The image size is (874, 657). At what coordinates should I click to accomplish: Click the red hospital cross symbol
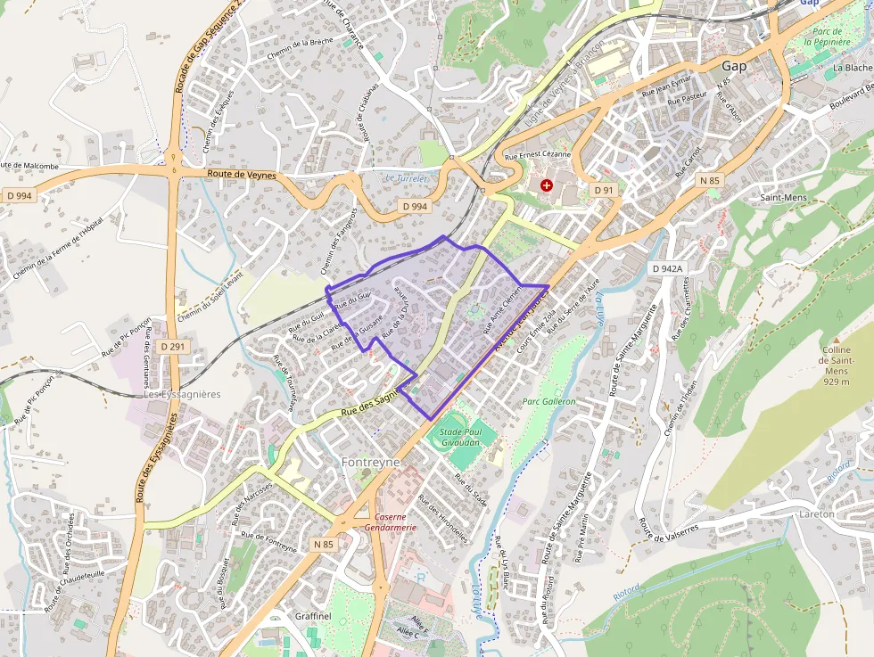pos(547,185)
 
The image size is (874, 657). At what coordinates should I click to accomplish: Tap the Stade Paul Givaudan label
pos(459,437)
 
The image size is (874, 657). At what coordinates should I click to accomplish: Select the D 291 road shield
pos(174,345)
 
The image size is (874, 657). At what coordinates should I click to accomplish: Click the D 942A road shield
pos(666,267)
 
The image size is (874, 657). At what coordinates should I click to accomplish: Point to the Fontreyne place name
pos(370,463)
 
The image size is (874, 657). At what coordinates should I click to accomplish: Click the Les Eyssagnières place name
pos(182,394)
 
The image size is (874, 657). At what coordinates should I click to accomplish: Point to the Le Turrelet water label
pos(406,178)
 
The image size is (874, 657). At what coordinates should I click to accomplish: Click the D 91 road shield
pos(604,190)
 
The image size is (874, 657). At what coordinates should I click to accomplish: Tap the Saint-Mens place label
pos(782,197)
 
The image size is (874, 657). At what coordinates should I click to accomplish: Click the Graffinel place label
pos(313,616)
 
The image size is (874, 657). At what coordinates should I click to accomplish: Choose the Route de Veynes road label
pos(242,174)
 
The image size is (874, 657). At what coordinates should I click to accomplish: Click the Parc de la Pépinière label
pos(831,37)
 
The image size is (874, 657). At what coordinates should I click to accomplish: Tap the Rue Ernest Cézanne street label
pos(537,155)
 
